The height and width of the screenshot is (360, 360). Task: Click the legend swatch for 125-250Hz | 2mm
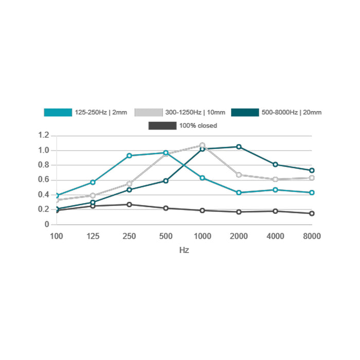[58, 112]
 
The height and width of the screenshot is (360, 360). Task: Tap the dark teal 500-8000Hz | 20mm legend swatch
[245, 112]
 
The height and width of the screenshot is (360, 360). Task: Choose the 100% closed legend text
[198, 125]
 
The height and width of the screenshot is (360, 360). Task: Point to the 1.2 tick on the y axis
[43, 136]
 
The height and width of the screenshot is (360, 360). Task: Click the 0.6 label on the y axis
[43, 180]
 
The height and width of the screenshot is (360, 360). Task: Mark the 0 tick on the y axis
[46, 224]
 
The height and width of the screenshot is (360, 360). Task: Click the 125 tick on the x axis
[93, 236]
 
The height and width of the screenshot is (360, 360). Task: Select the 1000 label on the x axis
[202, 236]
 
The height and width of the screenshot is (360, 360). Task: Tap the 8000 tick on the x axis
[312, 236]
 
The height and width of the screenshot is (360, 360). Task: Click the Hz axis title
[184, 249]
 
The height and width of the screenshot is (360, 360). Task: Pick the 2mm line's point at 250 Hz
[129, 155]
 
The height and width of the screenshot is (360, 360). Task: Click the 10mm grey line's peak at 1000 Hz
[202, 146]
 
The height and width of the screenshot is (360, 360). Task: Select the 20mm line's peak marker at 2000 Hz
[239, 147]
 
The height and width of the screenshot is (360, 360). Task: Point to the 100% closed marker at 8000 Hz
[312, 213]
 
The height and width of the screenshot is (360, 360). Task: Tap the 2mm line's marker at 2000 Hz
[239, 192]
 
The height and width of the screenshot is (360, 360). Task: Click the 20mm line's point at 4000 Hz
[276, 165]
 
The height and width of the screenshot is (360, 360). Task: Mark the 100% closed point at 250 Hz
[129, 204]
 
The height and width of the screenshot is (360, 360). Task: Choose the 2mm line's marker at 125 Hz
[93, 182]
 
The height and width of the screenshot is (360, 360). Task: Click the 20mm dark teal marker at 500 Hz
[166, 181]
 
